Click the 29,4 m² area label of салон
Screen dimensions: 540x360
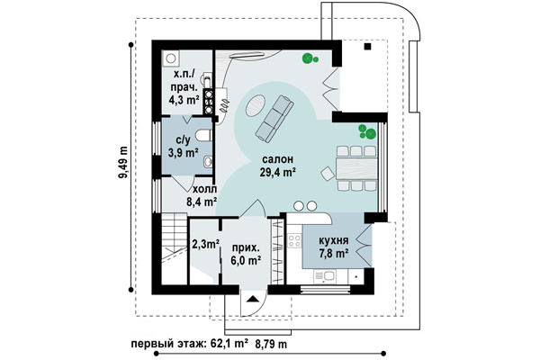[278, 172]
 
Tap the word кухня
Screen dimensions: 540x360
[333, 240]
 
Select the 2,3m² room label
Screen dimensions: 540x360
[205, 245]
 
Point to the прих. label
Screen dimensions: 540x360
[246, 248]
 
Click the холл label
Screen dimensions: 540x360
[204, 189]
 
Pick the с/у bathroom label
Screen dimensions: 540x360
[183, 140]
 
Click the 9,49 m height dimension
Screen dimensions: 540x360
[123, 163]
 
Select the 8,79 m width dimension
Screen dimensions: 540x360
[272, 344]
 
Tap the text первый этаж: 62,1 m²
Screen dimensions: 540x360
[189, 344]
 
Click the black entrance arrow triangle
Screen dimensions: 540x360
[252, 299]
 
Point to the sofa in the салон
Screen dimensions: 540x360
[274, 119]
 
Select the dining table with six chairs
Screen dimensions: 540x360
[356, 168]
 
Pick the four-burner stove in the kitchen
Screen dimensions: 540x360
[294, 240]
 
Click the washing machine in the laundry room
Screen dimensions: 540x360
[170, 58]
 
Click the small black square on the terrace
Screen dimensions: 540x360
[368, 47]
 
